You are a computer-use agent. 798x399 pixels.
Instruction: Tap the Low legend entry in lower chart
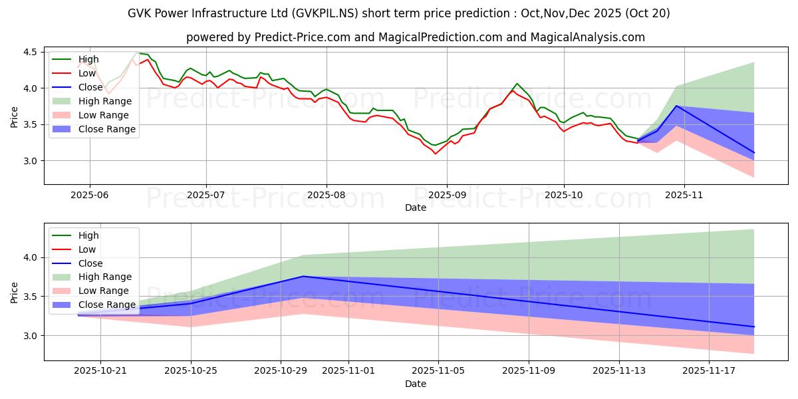point(87,249)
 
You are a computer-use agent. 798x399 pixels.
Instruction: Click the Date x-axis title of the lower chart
point(416,384)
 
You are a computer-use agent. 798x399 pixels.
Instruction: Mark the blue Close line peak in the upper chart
point(676,106)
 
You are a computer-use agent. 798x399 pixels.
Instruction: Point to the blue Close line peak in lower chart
point(303,276)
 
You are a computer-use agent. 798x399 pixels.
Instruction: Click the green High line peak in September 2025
point(517,84)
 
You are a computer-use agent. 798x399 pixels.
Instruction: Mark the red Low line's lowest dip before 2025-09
point(436,154)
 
